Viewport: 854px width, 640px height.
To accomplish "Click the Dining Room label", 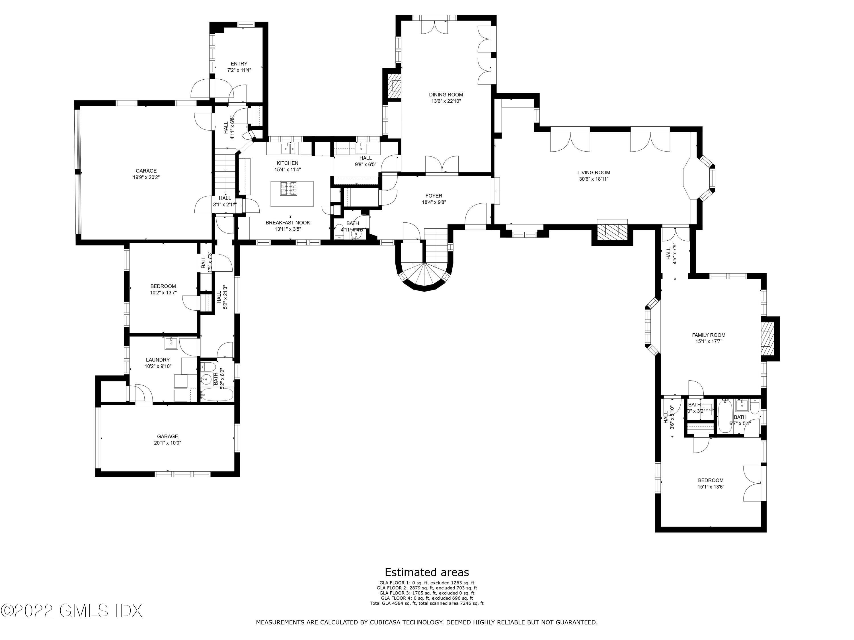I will point(446,94).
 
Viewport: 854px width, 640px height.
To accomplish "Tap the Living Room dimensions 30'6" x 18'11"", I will point(594,179).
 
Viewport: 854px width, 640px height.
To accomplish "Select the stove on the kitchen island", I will point(290,189).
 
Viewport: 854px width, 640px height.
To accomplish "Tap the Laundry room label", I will point(157,360).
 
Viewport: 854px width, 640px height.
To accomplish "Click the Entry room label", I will point(239,64).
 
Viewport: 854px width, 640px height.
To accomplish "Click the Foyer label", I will point(434,196).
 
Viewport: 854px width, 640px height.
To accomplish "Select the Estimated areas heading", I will point(427,572).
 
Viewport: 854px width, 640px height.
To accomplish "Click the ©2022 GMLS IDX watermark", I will point(71,611).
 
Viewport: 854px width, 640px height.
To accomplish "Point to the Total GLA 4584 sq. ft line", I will point(427,603).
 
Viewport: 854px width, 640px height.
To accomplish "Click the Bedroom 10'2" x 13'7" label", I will point(163,289).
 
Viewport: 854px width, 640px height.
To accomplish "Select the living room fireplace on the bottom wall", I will point(612,231).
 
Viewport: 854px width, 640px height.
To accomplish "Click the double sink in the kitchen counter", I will point(288,148).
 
